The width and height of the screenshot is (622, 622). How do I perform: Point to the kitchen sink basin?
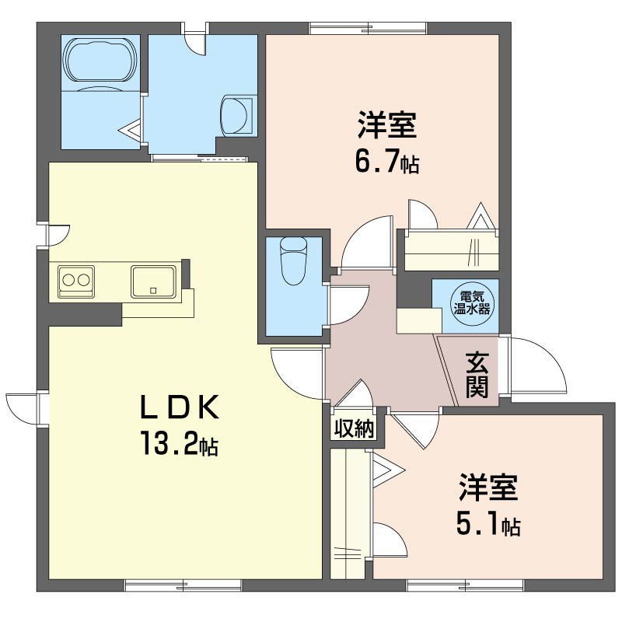coord(152,281)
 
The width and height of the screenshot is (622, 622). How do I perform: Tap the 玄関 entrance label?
coord(477,375)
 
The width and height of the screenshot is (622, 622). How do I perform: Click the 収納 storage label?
coord(354,428)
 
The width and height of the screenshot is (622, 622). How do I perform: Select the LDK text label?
coord(181,407)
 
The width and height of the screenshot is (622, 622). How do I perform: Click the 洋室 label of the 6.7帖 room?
coord(386,124)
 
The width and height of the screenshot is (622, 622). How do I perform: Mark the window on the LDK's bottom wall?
coord(183,584)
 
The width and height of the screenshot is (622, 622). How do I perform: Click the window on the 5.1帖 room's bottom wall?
coord(463,584)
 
